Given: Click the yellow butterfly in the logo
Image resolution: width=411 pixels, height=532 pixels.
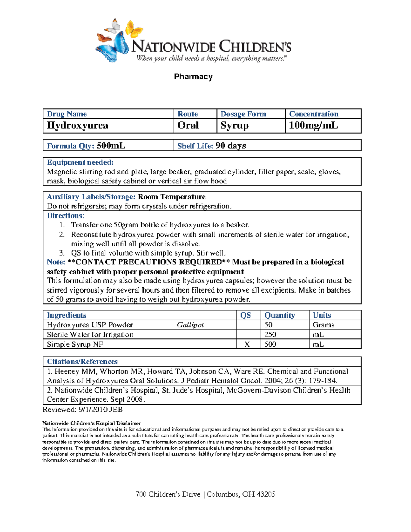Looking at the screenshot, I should pyautogui.click(x=134, y=29).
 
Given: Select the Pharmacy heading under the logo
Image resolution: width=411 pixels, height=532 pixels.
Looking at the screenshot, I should pyautogui.click(x=193, y=77).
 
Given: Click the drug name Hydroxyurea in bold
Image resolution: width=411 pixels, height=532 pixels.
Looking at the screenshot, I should pyautogui.click(x=77, y=125).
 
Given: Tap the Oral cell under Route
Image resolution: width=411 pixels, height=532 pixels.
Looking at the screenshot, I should pyautogui.click(x=188, y=125).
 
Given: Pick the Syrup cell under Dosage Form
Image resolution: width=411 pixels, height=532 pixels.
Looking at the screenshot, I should pyautogui.click(x=234, y=125).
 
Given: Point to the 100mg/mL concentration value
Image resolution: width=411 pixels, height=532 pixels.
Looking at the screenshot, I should pyautogui.click(x=313, y=125).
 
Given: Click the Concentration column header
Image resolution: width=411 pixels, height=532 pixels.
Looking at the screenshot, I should pyautogui.click(x=313, y=114).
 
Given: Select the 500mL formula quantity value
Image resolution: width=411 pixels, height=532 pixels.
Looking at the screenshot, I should pyautogui.click(x=111, y=146).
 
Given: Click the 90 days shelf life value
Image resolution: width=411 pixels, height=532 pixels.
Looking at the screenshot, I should pyautogui.click(x=231, y=146).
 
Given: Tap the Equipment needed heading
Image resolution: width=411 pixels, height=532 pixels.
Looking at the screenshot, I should pyautogui.click(x=80, y=162).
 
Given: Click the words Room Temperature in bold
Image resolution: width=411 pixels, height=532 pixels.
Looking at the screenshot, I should pyautogui.click(x=172, y=197).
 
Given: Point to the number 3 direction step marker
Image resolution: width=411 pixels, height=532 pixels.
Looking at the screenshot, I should pyautogui.click(x=62, y=253).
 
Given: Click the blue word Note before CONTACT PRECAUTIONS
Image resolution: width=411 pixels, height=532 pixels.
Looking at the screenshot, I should pyautogui.click(x=55, y=262).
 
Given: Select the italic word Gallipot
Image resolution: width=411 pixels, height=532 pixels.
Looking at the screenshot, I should pyautogui.click(x=190, y=325).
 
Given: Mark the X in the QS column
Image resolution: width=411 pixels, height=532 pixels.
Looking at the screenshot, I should pyautogui.click(x=247, y=344).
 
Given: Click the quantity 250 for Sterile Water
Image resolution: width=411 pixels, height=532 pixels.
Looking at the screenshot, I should pyautogui.click(x=270, y=334).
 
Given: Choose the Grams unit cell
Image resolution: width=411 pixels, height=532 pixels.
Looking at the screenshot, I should pyautogui.click(x=323, y=325).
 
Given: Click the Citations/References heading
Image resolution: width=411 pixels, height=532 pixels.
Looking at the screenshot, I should pyautogui.click(x=82, y=362).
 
